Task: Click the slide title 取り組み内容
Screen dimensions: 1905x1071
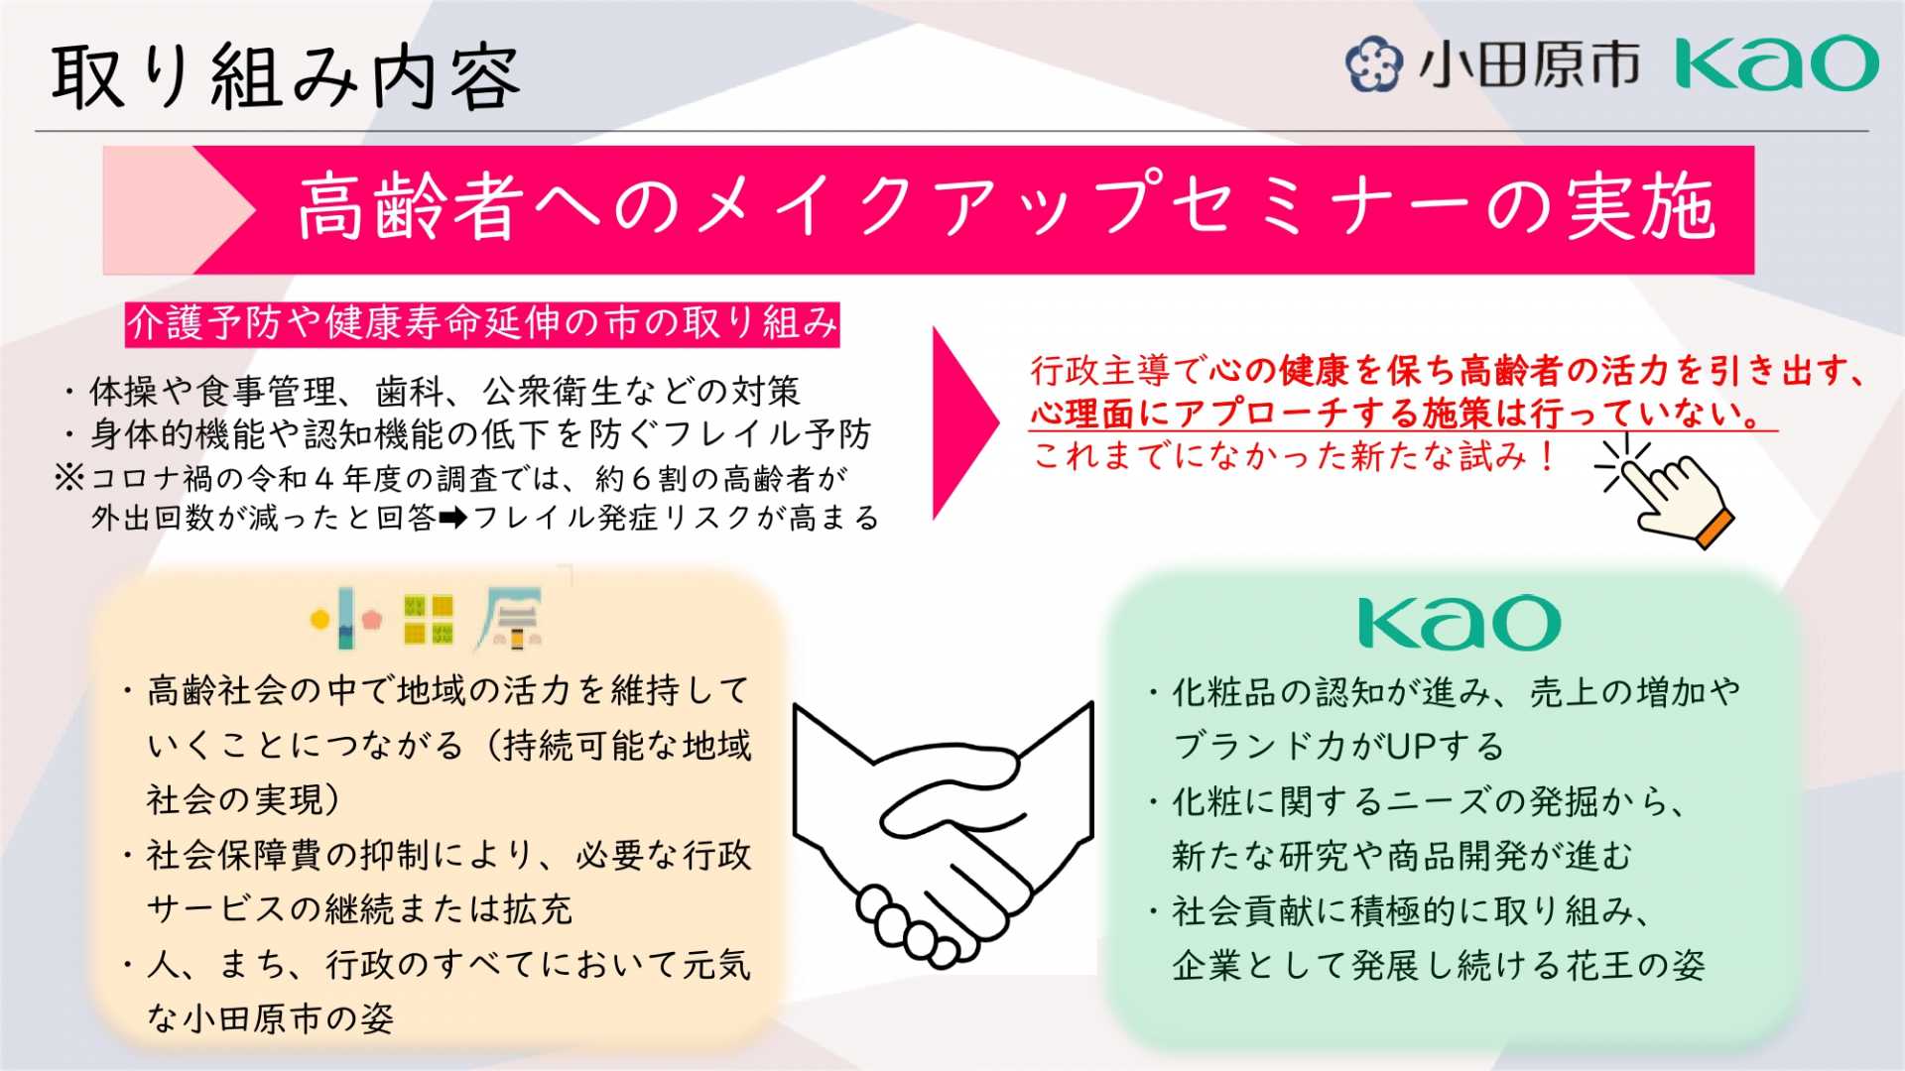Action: [x=286, y=76]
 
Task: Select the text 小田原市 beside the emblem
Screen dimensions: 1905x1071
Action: [x=1528, y=64]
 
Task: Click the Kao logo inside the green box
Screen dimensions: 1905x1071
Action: [x=1459, y=622]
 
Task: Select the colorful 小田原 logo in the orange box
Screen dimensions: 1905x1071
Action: [x=427, y=619]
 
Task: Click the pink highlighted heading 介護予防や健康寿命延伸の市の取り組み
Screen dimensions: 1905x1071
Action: [x=482, y=324]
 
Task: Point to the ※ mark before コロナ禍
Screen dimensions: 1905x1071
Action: [x=69, y=479]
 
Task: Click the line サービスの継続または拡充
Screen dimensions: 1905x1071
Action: [x=359, y=909]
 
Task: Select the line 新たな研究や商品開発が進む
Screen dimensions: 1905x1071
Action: [x=1402, y=856]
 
